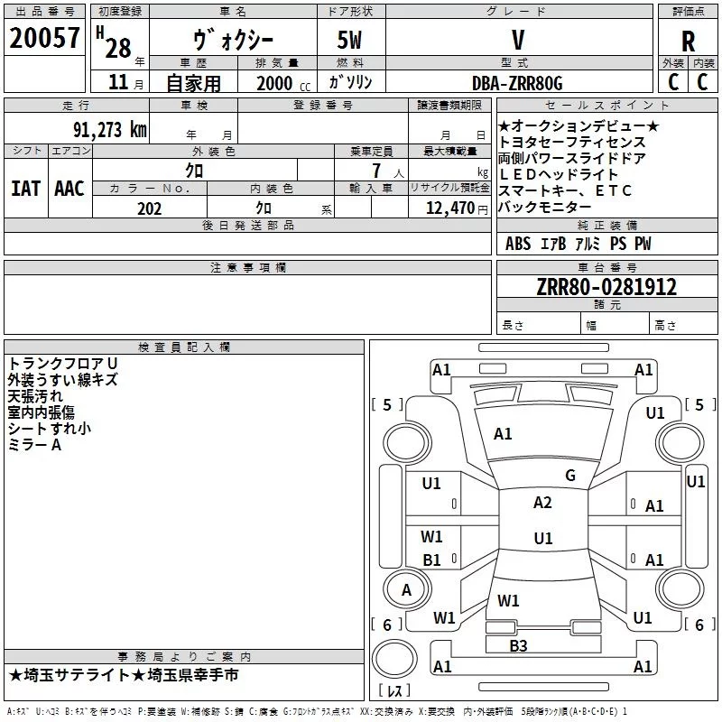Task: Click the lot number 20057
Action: click(x=44, y=38)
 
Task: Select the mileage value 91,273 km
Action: click(x=110, y=130)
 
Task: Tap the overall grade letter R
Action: click(x=688, y=42)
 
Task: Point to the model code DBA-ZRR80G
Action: click(x=517, y=83)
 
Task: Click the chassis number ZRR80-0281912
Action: click(x=606, y=287)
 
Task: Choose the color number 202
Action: click(x=150, y=208)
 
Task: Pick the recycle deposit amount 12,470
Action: click(x=450, y=208)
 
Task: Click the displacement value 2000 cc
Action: click(x=283, y=83)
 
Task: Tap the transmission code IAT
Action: click(x=25, y=189)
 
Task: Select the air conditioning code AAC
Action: click(x=69, y=189)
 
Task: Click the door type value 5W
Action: click(x=350, y=40)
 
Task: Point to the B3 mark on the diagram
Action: click(x=518, y=645)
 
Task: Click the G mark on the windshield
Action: click(x=570, y=475)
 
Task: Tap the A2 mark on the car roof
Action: click(x=542, y=503)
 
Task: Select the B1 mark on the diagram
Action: click(x=432, y=560)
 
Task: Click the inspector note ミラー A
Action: click(x=34, y=445)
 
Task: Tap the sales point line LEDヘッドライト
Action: click(x=558, y=174)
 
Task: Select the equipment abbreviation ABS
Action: click(x=518, y=244)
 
